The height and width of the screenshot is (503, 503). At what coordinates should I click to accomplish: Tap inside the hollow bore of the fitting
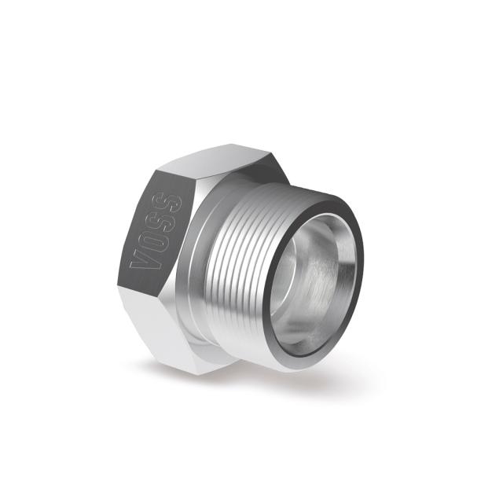coord(314,275)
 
